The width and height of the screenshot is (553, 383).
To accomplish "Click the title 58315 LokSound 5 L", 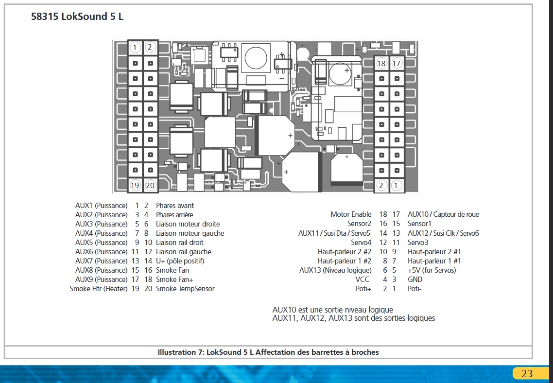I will click(77, 17).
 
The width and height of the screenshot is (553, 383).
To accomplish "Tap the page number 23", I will click(527, 374).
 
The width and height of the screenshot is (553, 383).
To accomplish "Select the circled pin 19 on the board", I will click(135, 185).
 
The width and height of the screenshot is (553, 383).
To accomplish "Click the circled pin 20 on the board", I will click(150, 185).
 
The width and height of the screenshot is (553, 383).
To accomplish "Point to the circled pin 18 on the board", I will click(381, 63).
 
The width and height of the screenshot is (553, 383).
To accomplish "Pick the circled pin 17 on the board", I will click(397, 63).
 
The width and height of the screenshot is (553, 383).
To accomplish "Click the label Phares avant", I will click(175, 206).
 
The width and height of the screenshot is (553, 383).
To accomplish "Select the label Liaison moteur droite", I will click(188, 224).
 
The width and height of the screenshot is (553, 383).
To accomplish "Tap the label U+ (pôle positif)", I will click(180, 261).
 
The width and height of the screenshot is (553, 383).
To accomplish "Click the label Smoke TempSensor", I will click(185, 289).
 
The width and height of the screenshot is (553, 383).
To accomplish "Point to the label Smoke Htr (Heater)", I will click(99, 289).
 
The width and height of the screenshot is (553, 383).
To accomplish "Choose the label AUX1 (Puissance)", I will click(102, 206).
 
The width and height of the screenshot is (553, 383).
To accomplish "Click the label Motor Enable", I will click(351, 214).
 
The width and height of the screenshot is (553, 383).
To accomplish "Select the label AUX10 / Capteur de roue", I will click(443, 214).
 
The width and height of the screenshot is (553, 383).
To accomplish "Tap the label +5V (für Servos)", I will click(432, 270).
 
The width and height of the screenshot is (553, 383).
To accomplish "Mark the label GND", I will click(415, 279).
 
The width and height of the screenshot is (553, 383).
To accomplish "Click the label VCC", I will click(362, 279).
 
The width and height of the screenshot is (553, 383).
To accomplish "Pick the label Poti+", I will click(363, 289).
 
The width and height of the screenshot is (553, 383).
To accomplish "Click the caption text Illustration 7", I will click(268, 352).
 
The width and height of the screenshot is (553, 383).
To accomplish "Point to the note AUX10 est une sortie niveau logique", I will click(332, 310).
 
